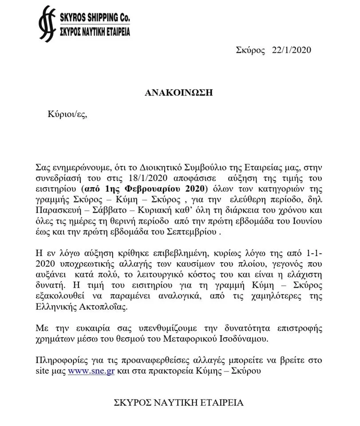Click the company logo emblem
coord(47,24)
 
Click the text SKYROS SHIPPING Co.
coord(94,18)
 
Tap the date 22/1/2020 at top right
coord(292,50)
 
